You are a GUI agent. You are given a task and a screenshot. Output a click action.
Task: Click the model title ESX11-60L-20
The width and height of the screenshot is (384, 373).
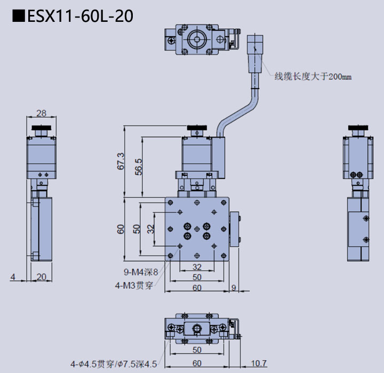(73, 16)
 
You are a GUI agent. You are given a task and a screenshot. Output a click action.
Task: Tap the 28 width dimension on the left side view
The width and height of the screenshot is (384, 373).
(41, 113)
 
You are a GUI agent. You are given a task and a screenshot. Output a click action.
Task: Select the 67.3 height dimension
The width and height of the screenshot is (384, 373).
(120, 162)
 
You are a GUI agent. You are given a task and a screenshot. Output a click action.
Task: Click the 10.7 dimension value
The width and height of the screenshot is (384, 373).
(259, 363)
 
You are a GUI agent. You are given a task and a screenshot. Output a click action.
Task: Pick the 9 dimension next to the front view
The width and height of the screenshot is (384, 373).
(234, 288)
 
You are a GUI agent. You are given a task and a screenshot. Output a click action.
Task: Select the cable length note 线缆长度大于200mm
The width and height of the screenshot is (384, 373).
(313, 76)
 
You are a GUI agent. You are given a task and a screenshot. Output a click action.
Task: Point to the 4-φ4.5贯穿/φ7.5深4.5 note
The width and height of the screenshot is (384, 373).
(114, 364)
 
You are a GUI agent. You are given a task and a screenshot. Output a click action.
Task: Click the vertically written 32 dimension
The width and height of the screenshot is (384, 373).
(151, 229)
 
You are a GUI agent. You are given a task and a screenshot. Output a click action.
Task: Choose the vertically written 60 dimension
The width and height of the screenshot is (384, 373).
(121, 229)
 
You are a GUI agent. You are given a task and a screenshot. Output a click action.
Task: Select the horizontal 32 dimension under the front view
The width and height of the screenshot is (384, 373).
(197, 266)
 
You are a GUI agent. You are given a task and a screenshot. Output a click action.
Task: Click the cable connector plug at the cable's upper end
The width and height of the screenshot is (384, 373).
(256, 53)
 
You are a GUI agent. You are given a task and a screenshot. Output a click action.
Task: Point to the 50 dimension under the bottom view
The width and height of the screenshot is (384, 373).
(197, 350)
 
